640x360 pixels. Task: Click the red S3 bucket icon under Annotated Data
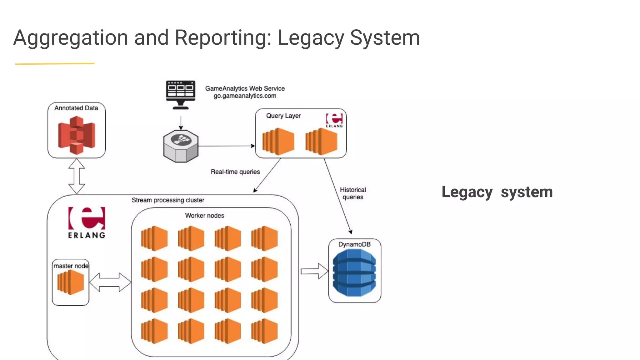coord(77,135)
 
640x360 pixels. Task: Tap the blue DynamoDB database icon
coord(354,273)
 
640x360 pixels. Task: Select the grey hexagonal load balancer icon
coord(181,146)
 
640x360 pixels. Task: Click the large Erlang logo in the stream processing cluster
coord(87,222)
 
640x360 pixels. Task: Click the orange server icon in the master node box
coord(71,282)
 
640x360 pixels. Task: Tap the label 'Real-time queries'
coord(235,172)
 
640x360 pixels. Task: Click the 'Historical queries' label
coord(353,193)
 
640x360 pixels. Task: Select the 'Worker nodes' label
coord(204,216)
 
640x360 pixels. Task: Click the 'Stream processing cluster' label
coord(168,200)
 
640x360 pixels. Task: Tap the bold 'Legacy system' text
coord(497,192)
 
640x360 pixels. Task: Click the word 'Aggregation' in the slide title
coord(71,37)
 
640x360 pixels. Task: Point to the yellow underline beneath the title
coord(55,64)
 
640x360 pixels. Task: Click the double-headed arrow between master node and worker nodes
coord(110,282)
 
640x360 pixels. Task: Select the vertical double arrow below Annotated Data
coord(77,176)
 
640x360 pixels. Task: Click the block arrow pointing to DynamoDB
coord(314,271)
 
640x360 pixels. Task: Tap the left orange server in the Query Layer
coord(278,141)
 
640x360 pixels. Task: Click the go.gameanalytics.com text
coord(245,96)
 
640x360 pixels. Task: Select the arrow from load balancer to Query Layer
coord(227,146)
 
